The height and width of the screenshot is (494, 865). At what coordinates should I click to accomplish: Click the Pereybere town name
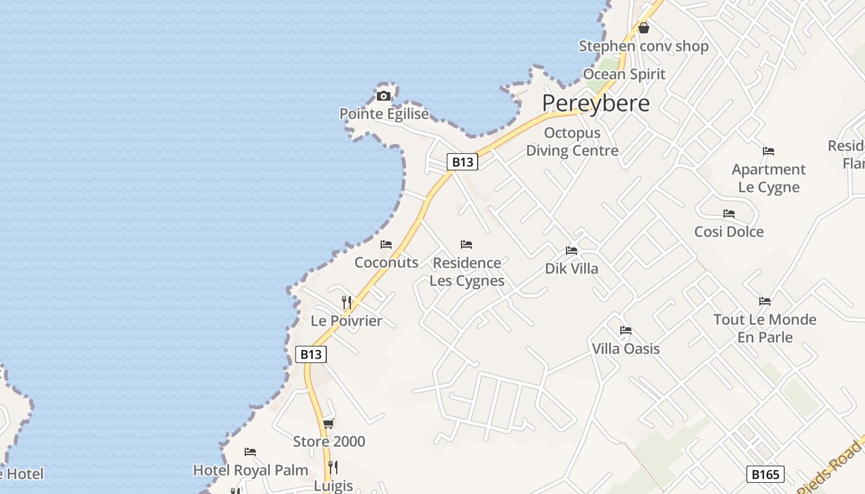pyautogui.click(x=596, y=103)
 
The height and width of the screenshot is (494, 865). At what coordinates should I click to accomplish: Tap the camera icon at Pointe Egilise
pyautogui.click(x=384, y=96)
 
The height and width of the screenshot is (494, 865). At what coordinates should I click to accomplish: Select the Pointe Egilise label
pyautogui.click(x=384, y=114)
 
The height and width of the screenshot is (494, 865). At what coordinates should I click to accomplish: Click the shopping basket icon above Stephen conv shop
pyautogui.click(x=644, y=28)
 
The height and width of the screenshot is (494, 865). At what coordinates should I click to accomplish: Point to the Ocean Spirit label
pyautogui.click(x=624, y=74)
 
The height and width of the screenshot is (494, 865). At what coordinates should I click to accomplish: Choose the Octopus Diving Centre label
pyautogui.click(x=572, y=142)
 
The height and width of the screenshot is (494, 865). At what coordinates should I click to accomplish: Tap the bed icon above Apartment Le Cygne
pyautogui.click(x=769, y=151)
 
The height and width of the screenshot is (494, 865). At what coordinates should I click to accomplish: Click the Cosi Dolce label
pyautogui.click(x=729, y=232)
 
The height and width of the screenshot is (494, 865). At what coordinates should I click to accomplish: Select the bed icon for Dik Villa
pyautogui.click(x=572, y=251)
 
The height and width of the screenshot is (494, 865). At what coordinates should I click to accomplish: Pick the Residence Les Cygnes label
pyautogui.click(x=467, y=272)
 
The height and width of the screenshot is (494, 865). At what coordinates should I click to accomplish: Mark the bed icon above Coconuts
pyautogui.click(x=386, y=245)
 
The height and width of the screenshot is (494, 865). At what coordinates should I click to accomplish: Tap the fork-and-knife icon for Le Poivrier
pyautogui.click(x=347, y=302)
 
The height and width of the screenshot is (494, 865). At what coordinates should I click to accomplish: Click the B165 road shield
pyautogui.click(x=765, y=474)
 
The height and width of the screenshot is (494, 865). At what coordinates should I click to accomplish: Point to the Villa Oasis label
pyautogui.click(x=626, y=348)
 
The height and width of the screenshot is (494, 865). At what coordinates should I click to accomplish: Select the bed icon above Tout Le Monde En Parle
pyautogui.click(x=765, y=301)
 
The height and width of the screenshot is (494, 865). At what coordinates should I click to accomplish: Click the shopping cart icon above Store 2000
pyautogui.click(x=329, y=424)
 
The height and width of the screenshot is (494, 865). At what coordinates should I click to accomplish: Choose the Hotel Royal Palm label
pyautogui.click(x=251, y=470)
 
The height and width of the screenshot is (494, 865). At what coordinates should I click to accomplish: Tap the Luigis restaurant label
pyautogui.click(x=334, y=486)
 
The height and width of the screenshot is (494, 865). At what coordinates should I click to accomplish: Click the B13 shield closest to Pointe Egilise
pyautogui.click(x=462, y=162)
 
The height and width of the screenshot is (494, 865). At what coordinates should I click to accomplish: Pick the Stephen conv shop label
pyautogui.click(x=643, y=46)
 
